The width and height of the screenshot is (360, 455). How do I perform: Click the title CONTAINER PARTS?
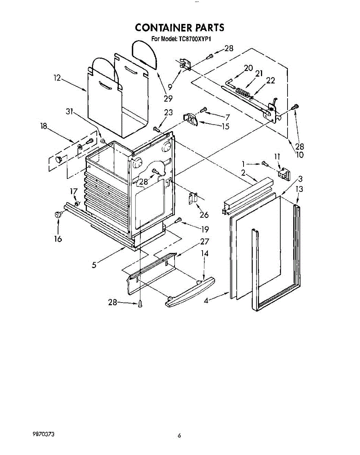(179, 28)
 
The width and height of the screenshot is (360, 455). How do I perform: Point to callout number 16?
(58, 239)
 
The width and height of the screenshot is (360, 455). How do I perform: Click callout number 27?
(204, 242)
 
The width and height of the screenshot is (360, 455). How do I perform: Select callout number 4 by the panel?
(206, 301)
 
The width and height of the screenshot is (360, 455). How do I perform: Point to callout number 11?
(277, 156)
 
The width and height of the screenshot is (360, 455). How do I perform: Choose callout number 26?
(204, 215)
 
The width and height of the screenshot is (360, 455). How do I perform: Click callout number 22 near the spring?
(270, 80)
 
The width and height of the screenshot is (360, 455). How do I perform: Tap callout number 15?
(226, 126)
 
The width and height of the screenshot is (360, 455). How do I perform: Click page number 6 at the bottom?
(179, 436)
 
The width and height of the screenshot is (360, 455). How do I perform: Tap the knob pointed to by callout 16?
(58, 215)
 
